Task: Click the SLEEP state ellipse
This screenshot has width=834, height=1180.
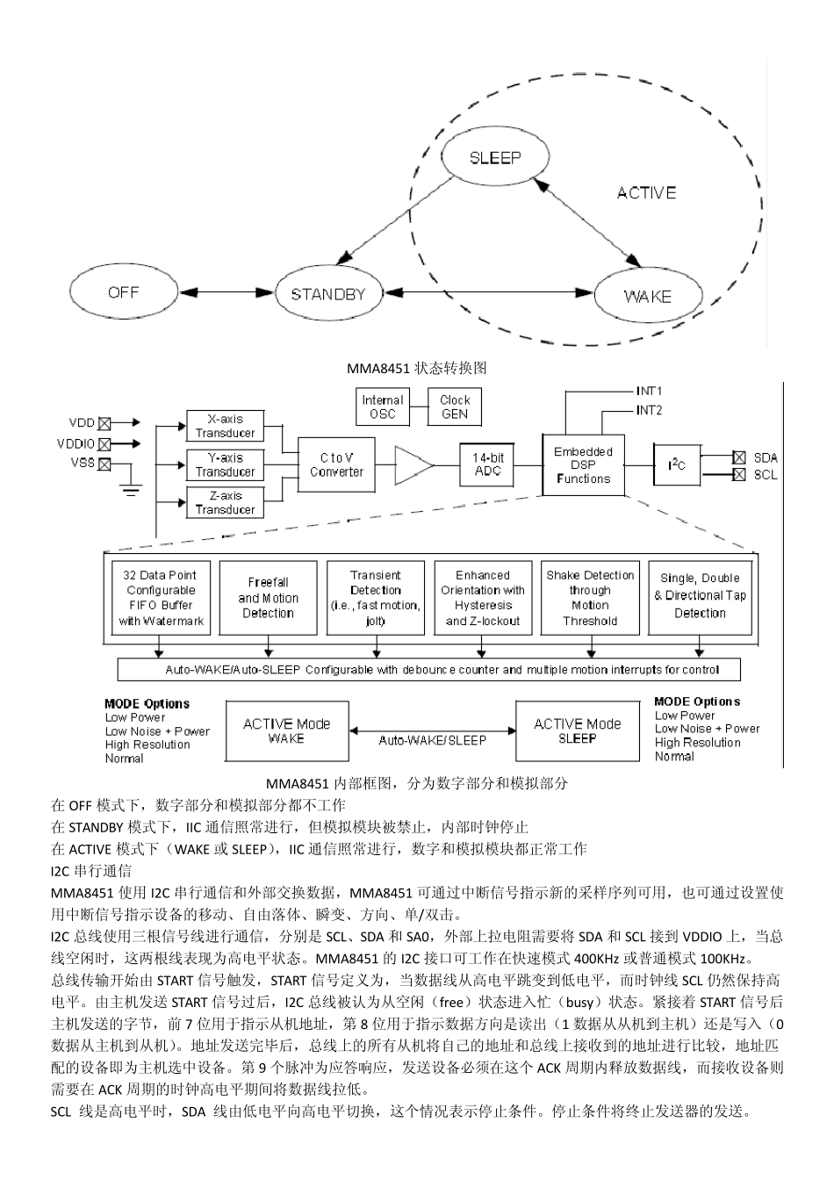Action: pos(495,159)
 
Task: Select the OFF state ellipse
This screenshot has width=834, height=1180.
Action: pos(123,293)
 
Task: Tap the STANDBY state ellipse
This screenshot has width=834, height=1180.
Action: pos(327,294)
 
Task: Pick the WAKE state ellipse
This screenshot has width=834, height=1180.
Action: pos(647,296)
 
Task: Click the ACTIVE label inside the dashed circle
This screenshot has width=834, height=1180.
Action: pos(646,193)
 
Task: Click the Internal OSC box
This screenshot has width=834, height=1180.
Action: pos(383,407)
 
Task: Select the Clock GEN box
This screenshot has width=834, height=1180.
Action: pos(455,407)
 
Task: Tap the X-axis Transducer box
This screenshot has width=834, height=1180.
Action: pos(226,426)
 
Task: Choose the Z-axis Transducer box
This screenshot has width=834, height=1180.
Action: pos(226,503)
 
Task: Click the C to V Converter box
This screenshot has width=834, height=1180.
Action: pos(336,464)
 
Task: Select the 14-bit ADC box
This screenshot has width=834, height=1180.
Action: pos(487,464)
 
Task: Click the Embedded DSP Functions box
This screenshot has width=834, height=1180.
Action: pos(583,464)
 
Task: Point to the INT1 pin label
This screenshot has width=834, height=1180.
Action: pos(649,391)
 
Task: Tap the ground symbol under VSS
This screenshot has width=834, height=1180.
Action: pos(131,490)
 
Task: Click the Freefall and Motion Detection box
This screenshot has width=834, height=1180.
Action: pos(268,598)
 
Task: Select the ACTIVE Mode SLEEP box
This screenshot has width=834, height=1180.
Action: pos(577,731)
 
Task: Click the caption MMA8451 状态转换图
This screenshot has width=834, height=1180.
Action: pos(416,369)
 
